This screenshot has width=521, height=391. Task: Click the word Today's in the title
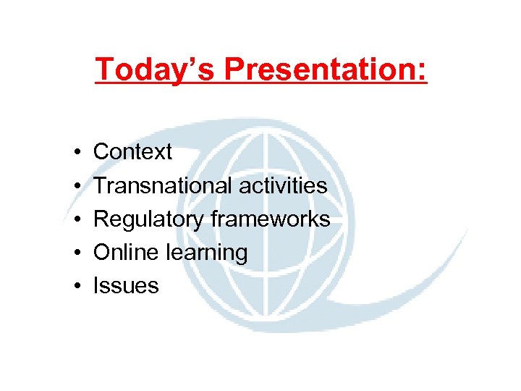pyautogui.click(x=156, y=70)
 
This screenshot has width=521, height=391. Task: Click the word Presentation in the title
pyautogui.click(x=318, y=70)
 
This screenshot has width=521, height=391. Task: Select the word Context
pyautogui.click(x=132, y=152)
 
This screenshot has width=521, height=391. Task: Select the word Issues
pyautogui.click(x=126, y=285)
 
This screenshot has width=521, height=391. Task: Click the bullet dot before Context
pyautogui.click(x=76, y=153)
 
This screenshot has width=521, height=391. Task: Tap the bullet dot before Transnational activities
pyautogui.click(x=76, y=186)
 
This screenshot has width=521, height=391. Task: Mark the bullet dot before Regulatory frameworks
pyautogui.click(x=76, y=219)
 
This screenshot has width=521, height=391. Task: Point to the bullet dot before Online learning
pyautogui.click(x=76, y=253)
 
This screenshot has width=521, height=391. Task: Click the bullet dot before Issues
pyautogui.click(x=76, y=286)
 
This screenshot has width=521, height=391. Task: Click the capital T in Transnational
pyautogui.click(x=100, y=185)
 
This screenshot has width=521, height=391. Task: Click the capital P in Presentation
pyautogui.click(x=234, y=70)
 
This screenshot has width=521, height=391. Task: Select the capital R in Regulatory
pyautogui.click(x=101, y=219)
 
